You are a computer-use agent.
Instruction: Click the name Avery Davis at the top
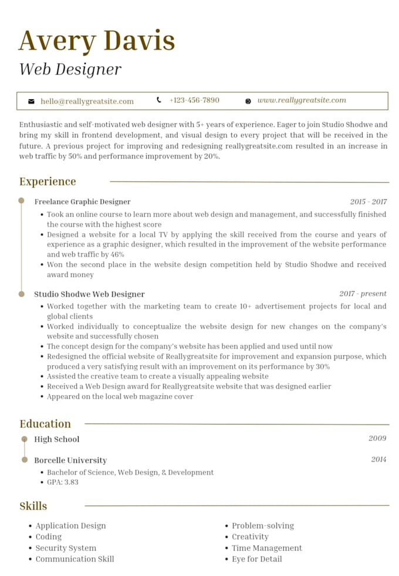point(97,41)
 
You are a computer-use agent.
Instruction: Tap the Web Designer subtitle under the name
point(70,69)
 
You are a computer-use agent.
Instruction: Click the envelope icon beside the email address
point(31,102)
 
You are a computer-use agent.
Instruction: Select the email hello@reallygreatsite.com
point(87,102)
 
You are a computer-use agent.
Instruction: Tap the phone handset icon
point(159,100)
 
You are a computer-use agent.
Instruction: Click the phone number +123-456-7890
point(194,100)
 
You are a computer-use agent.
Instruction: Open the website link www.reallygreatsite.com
point(302,100)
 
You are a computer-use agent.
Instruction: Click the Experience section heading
point(48,181)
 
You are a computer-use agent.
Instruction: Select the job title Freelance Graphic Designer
point(82,202)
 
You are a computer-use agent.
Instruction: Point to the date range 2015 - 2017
point(368,202)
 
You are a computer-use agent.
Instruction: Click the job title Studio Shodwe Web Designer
point(89,294)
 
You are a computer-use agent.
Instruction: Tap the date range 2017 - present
point(363,294)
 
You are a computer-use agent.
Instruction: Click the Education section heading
point(45,424)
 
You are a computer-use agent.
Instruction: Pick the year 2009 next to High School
point(377,439)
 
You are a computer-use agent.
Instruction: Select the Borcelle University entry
point(70,460)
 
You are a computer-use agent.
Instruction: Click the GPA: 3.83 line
point(63,482)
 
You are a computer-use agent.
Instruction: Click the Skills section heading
point(33,506)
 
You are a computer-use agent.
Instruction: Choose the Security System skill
point(66,548)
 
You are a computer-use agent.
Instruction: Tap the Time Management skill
point(267,548)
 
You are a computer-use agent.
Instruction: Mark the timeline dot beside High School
point(24,439)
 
